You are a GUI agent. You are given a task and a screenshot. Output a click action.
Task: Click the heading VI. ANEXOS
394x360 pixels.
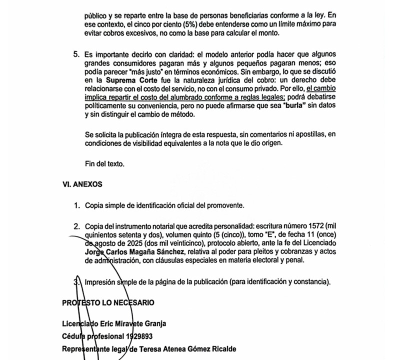tap(82, 184)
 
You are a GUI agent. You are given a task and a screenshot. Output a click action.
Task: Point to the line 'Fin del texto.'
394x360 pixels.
tap(106, 164)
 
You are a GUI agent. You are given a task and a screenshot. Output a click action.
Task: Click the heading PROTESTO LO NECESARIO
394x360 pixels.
tap(108, 303)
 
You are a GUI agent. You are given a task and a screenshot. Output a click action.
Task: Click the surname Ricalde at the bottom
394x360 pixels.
tap(219, 348)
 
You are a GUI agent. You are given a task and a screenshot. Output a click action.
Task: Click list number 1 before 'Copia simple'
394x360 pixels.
tap(76, 205)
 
